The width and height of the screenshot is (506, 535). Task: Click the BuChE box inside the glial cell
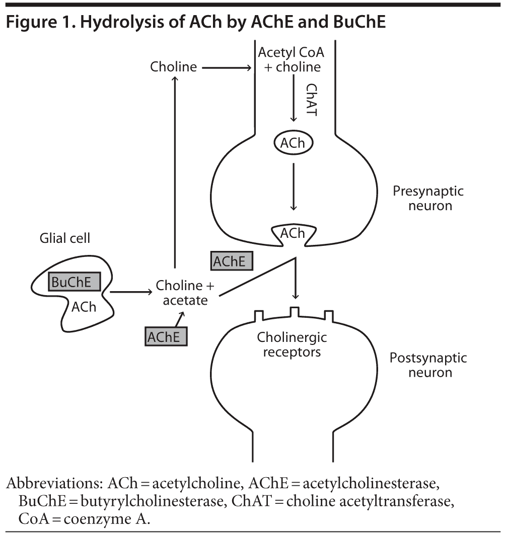pos(75,282)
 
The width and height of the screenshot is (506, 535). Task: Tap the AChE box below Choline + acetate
pos(166,336)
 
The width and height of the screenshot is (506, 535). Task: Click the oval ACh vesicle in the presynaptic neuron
pos(294,143)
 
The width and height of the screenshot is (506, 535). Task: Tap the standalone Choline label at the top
pos(174,67)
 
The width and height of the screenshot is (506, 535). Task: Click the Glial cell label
pos(65,238)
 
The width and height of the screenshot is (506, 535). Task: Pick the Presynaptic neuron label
pos(428,198)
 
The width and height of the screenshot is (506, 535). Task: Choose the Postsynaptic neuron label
pos(428,366)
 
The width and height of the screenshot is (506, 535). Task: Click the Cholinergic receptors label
pos(289,344)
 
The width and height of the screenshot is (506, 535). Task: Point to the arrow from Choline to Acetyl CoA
pos(227,67)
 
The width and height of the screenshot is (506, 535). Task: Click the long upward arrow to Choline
pos(174,171)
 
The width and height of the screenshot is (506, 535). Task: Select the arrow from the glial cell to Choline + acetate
pos(131,292)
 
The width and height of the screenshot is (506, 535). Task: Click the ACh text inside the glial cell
pos(84,307)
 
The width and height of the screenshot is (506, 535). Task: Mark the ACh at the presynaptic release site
pos(293,233)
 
